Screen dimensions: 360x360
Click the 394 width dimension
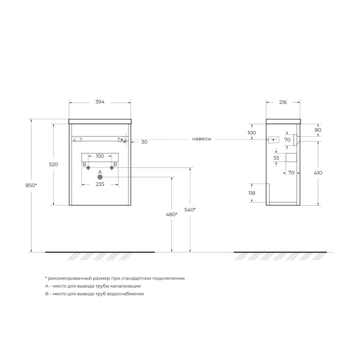coord(99,102)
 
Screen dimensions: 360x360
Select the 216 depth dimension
coord(283,102)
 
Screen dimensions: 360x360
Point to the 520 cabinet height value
coord(54,165)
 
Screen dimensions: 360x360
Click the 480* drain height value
coord(171,214)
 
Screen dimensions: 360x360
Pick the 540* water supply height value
coord(190,210)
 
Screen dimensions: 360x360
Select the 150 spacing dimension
coord(99,156)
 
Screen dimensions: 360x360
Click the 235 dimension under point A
coord(99,184)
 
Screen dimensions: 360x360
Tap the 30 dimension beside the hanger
coord(144,142)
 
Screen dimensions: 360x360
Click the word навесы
coord(201,139)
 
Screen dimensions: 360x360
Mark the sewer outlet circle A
coord(99,177)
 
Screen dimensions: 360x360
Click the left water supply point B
coord(88,168)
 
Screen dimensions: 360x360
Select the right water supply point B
coord(112,168)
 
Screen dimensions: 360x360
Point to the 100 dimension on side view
coord(252,133)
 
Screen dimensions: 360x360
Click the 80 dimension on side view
coord(318,130)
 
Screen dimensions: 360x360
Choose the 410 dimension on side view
coord(318,173)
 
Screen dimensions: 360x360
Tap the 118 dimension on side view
coord(252,193)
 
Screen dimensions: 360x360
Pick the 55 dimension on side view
coord(276,158)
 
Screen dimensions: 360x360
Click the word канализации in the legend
coord(124,286)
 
